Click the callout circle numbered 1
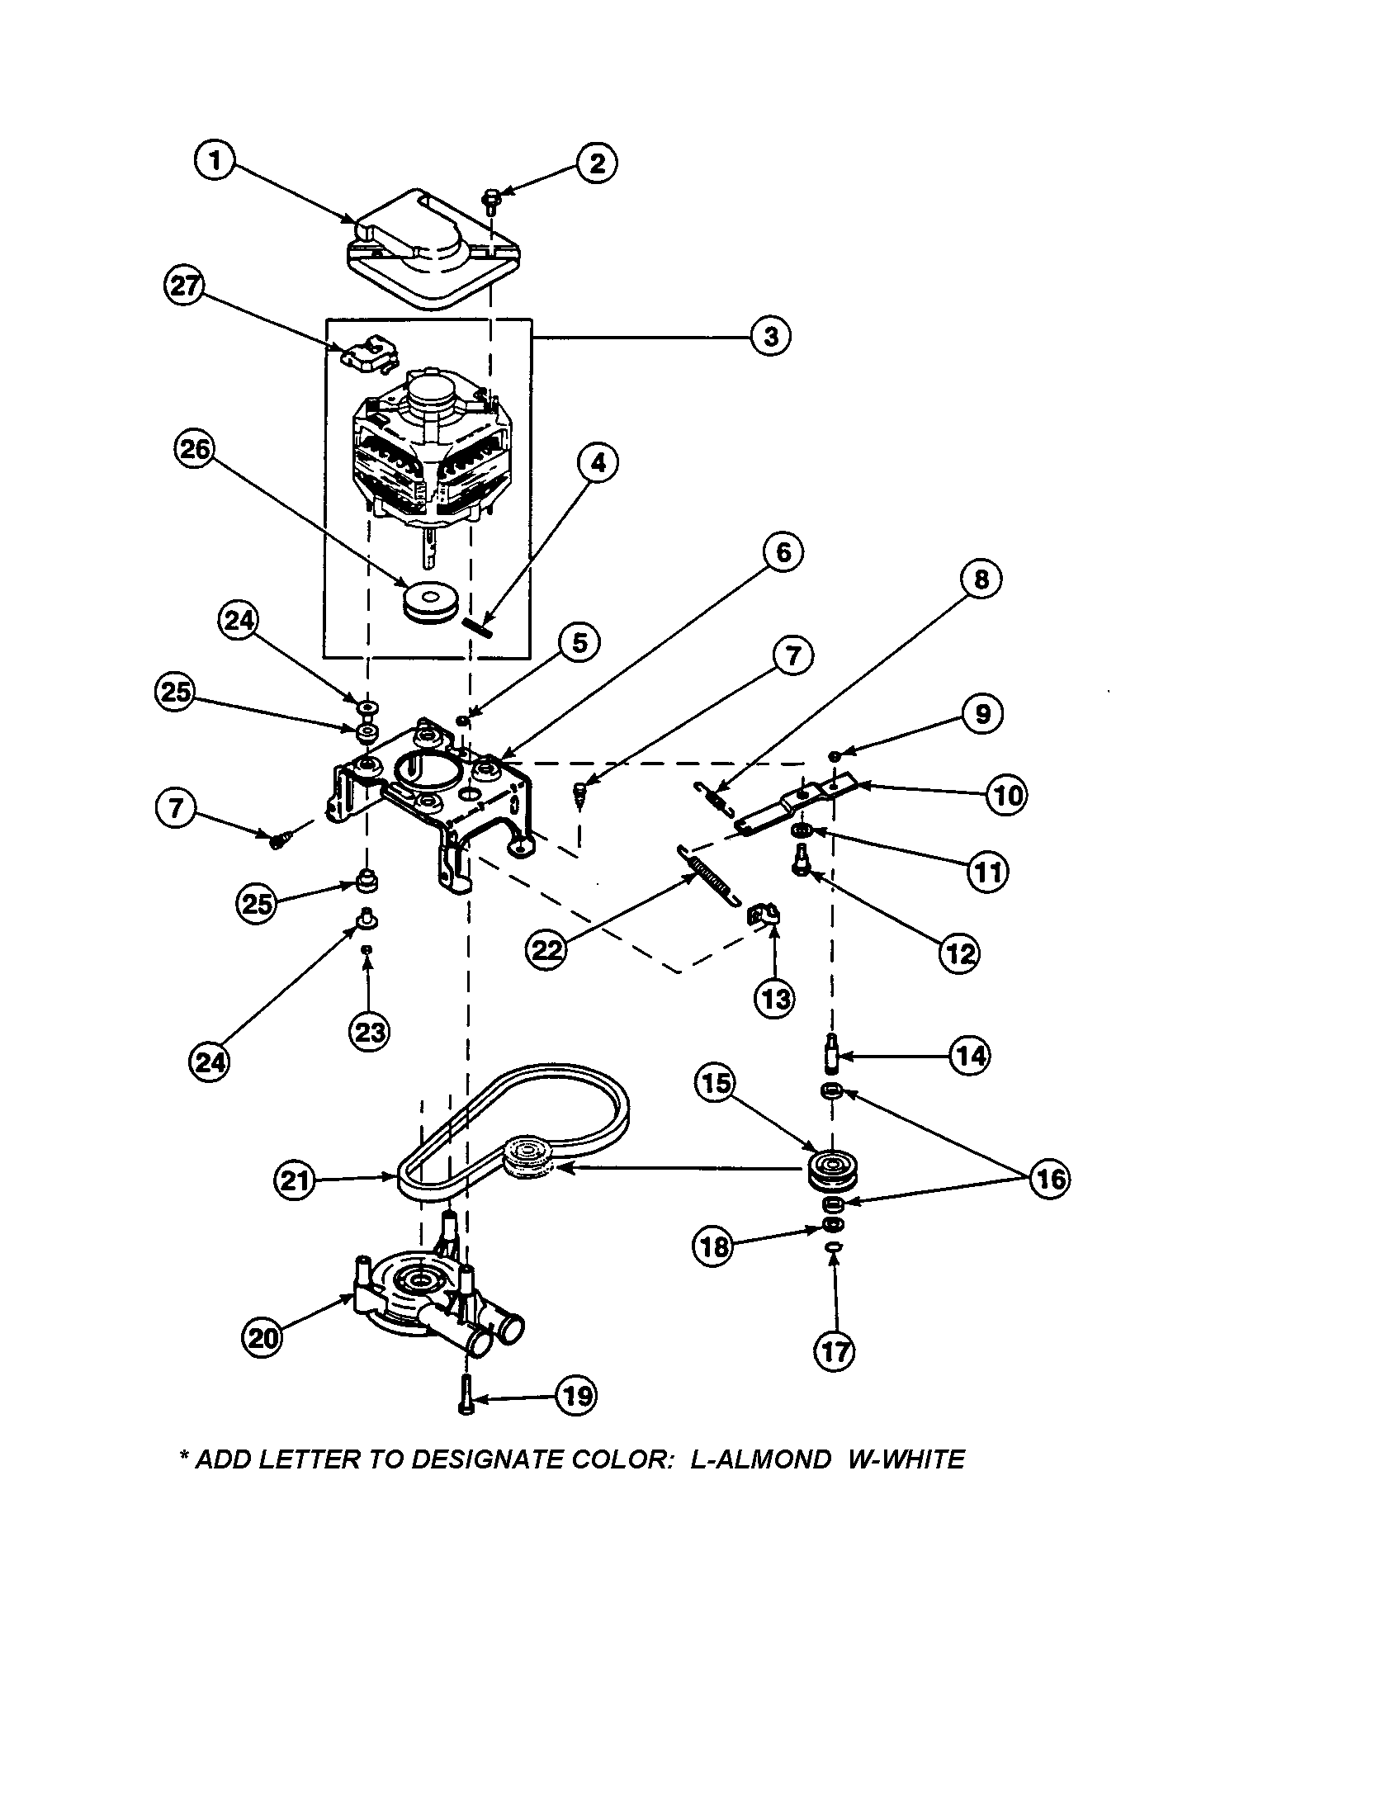(x=215, y=159)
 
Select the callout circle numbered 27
(x=185, y=287)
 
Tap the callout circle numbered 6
(x=783, y=553)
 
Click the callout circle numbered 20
(x=262, y=1337)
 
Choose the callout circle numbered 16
(x=1049, y=1178)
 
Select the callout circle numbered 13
(x=775, y=998)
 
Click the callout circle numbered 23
(x=370, y=1032)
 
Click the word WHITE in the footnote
(x=916, y=1459)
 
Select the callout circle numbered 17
(x=834, y=1352)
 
